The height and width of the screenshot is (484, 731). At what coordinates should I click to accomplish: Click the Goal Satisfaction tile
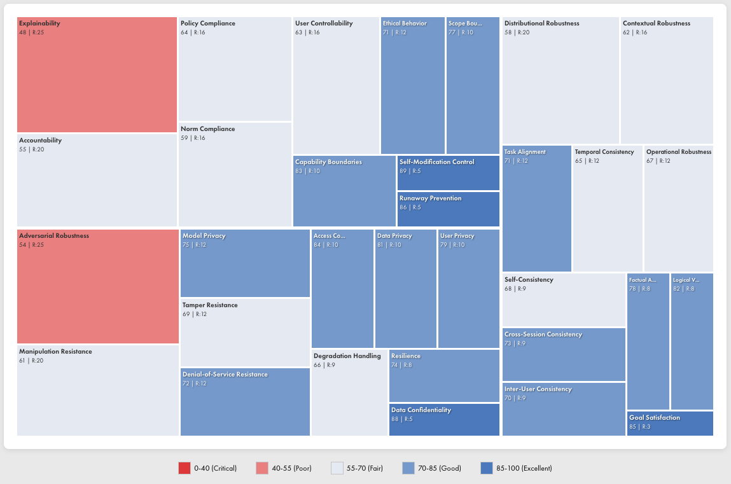point(670,423)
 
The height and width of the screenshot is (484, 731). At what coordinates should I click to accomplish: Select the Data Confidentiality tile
point(444,420)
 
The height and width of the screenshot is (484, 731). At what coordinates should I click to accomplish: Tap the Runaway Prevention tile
point(448,209)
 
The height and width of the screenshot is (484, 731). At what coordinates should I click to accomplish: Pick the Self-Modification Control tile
point(448,173)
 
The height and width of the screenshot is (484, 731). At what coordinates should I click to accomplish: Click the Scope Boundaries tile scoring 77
point(473,85)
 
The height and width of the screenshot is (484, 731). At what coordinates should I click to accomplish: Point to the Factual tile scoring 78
point(648,342)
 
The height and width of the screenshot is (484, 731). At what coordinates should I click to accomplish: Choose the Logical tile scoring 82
point(692,342)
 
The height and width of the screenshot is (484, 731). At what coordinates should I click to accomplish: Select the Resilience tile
point(444,376)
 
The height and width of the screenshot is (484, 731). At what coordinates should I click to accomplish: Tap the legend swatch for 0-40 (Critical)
point(184,469)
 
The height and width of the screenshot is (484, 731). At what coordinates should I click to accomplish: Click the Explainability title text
point(39,24)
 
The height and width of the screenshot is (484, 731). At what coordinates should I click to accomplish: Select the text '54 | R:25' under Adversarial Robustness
point(32,245)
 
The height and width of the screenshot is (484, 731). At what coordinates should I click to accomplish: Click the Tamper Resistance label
point(210,305)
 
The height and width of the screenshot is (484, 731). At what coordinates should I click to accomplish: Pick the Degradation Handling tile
point(349,392)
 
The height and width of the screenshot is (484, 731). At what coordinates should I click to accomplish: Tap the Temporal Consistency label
point(604,152)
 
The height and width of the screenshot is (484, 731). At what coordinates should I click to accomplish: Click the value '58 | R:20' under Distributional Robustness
point(517,32)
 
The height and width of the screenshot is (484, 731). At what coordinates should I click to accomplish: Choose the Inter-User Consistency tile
point(564,409)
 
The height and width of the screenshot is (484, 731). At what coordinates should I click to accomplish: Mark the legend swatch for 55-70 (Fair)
point(337,469)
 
